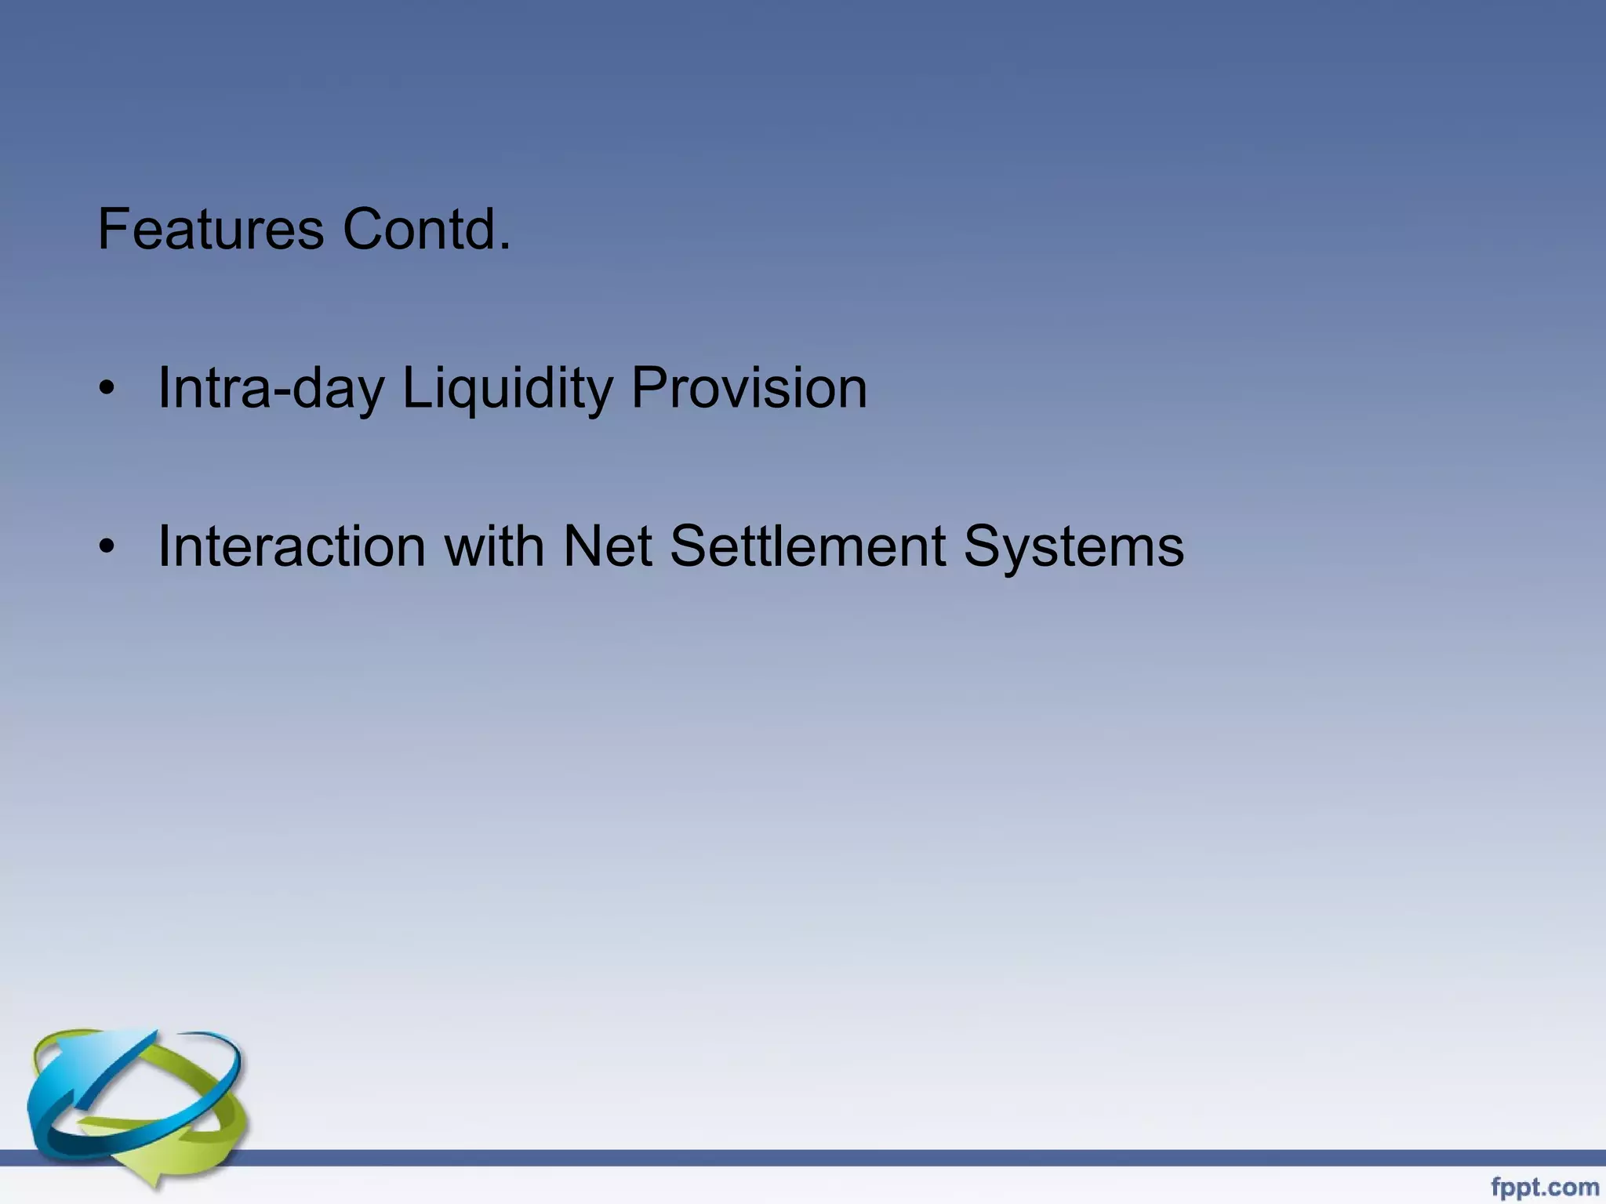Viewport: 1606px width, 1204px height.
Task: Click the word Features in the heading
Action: tap(210, 230)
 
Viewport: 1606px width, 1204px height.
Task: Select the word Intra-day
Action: tap(271, 388)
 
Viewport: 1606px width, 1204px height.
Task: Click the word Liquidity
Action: tap(507, 388)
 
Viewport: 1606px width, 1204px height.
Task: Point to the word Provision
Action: tap(749, 388)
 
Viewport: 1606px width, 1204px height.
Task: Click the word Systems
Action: tap(1074, 546)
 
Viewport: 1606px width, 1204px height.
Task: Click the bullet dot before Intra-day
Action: tap(107, 389)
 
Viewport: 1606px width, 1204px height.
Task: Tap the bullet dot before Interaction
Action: tap(107, 547)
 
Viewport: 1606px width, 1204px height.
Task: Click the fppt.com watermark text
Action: tap(1544, 1188)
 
